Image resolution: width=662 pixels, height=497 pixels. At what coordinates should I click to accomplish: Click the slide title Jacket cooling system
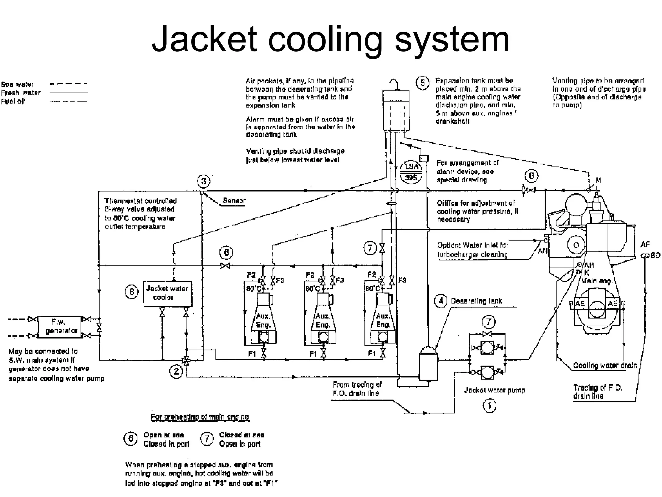click(x=330, y=39)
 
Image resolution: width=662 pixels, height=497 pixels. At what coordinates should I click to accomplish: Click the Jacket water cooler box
click(x=167, y=293)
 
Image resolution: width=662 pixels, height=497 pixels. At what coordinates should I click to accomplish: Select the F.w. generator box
click(x=60, y=327)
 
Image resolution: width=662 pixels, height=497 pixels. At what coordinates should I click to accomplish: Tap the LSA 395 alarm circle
click(x=411, y=172)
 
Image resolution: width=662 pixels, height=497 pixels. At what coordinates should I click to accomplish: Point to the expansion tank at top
click(x=396, y=111)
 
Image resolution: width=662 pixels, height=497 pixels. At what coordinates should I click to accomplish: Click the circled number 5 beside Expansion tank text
click(x=422, y=83)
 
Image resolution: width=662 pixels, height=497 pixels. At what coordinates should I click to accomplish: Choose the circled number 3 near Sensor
click(x=203, y=181)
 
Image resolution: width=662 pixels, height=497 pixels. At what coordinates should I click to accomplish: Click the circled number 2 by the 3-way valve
click(x=176, y=371)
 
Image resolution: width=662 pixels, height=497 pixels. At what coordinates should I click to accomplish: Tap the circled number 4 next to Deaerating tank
click(x=441, y=301)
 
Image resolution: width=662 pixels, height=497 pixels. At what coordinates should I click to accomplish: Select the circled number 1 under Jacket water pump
click(x=489, y=406)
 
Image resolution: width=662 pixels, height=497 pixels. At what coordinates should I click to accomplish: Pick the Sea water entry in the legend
click(x=17, y=84)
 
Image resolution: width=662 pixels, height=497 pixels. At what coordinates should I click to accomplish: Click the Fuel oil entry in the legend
click(x=13, y=101)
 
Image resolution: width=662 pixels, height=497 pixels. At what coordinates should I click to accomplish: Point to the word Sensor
click(x=234, y=201)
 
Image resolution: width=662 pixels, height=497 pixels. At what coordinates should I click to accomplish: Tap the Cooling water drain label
click(x=605, y=365)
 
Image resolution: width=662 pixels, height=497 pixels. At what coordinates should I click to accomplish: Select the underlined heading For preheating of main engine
click(x=200, y=417)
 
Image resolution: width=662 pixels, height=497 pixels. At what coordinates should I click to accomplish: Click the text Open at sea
click(x=163, y=435)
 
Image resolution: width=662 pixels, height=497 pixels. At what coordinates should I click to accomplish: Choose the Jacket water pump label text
click(x=495, y=390)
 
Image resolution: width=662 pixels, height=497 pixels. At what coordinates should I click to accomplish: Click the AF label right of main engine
click(x=645, y=244)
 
